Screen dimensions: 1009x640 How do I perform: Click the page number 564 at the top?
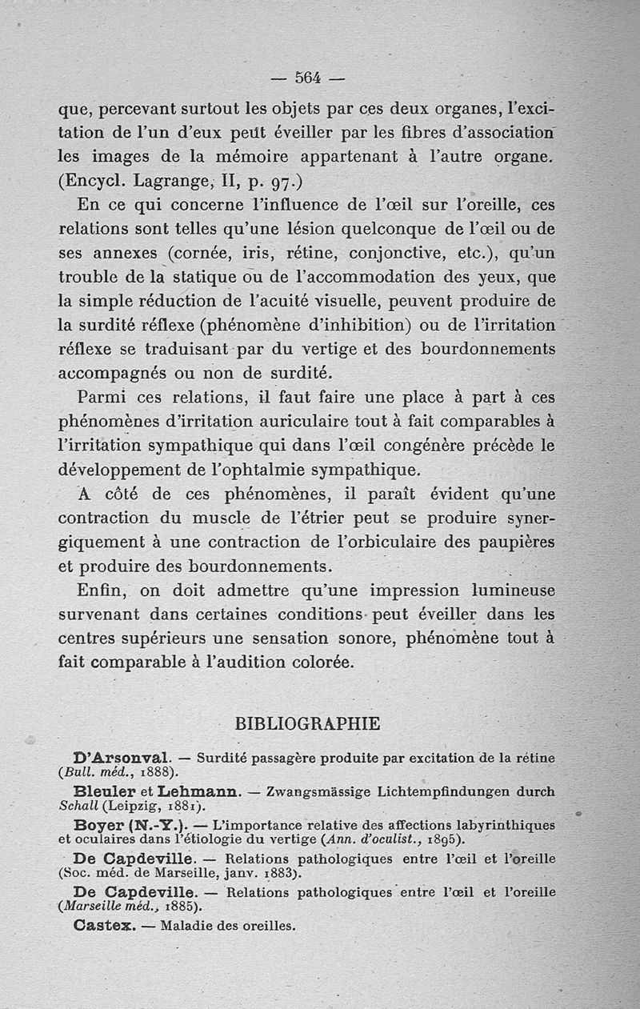[308, 78]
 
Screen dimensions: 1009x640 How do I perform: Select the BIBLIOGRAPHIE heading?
[308, 723]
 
